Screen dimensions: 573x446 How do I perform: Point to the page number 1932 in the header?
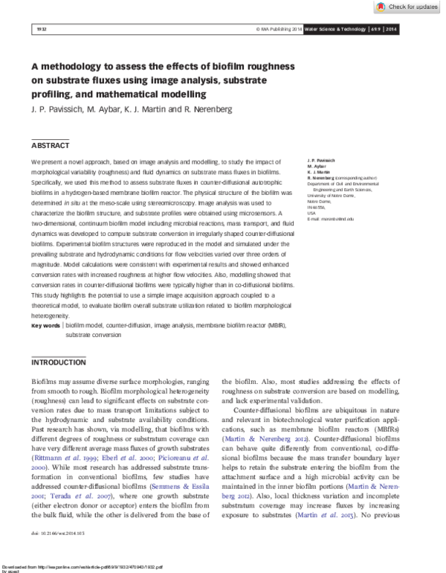(x=41, y=29)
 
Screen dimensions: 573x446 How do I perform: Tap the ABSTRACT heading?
(x=50, y=145)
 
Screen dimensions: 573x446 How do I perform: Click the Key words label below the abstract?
(x=45, y=326)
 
